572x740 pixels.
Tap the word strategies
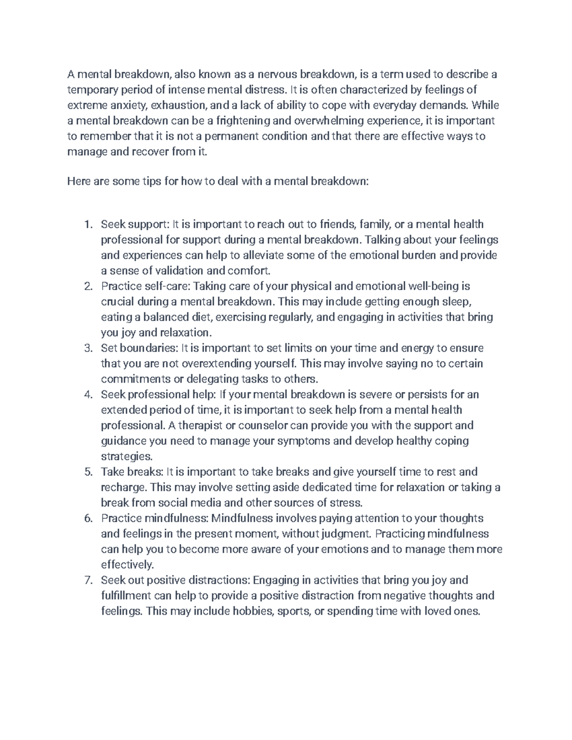pos(126,456)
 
